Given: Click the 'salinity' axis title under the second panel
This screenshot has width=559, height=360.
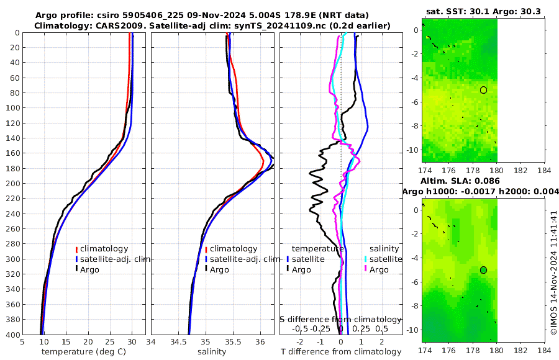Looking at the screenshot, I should pos(211,352).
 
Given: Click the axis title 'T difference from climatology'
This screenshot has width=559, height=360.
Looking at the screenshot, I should pos(341,352).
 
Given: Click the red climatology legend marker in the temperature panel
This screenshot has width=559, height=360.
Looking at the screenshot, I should pos(77,249).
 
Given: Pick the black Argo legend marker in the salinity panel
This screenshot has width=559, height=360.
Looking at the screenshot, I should pos(206,269).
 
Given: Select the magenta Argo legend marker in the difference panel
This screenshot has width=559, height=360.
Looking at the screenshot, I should pos(366,269).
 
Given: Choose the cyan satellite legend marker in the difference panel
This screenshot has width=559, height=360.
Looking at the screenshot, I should pos(366,259).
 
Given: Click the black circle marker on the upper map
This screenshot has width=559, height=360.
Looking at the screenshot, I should pos(483,90).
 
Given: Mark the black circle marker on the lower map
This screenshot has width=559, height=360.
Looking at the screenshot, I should pos(483,270).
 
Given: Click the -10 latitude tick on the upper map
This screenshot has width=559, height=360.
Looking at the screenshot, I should pos(412,150).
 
